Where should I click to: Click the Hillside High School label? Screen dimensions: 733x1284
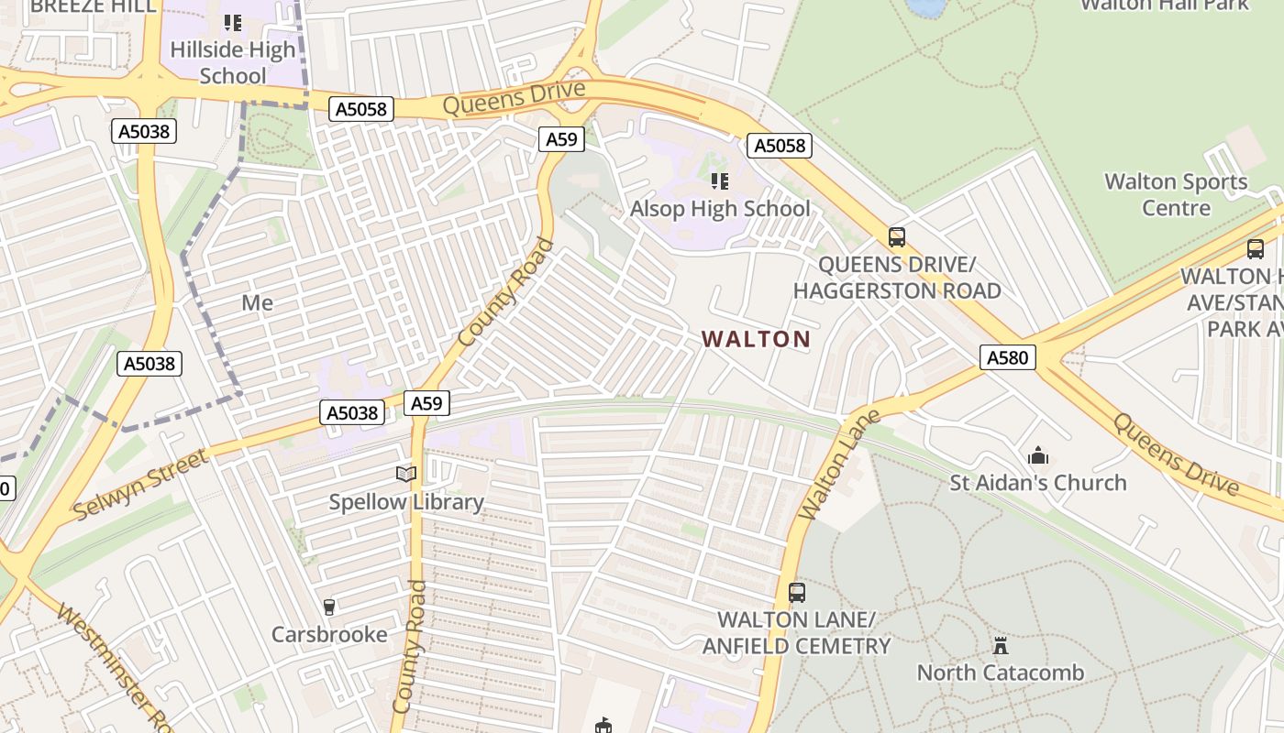point(233,62)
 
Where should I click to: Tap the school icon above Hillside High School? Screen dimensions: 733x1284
point(233,22)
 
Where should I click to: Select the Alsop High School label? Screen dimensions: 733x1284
point(720,209)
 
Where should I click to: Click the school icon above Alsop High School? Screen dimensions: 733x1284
point(720,181)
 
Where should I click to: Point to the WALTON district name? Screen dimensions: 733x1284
point(757,339)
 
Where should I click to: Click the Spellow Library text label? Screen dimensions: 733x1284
point(406,502)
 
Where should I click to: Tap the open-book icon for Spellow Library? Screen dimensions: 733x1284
point(406,474)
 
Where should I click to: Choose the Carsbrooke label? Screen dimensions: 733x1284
point(329,634)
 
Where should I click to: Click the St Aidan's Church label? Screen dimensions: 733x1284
point(1038,483)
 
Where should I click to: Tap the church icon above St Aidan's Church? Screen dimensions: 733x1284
point(1038,455)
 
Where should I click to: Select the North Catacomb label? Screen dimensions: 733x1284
point(1001,673)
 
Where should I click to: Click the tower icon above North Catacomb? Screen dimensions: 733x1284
point(1001,645)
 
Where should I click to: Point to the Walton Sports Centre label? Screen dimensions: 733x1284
point(1177,194)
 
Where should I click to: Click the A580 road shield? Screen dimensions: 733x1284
point(1007,357)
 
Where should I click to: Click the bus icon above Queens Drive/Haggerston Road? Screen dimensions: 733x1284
point(897,237)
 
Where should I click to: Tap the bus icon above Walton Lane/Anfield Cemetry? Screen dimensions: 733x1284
point(797,592)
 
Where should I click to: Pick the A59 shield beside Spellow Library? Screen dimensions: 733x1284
point(426,403)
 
